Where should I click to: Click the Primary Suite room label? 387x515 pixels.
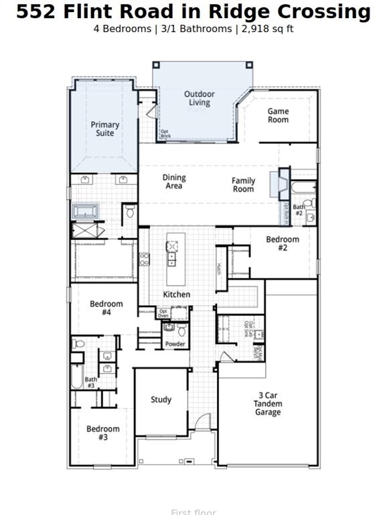point(105,129)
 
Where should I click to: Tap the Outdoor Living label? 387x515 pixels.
point(200,99)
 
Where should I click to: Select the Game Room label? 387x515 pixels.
point(279,115)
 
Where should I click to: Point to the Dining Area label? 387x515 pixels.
point(174,182)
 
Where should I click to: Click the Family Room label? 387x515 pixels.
point(244,184)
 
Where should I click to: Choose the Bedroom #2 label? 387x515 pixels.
point(283,243)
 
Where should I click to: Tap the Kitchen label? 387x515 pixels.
point(177,294)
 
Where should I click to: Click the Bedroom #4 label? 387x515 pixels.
point(106,308)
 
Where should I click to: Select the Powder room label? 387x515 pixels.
point(175,344)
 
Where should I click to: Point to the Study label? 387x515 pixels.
point(161,400)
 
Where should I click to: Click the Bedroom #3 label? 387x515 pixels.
point(103,433)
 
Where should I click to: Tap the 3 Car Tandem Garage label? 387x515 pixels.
point(268,404)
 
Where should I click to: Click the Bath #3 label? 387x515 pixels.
point(91,382)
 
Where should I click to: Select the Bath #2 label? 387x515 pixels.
point(299,210)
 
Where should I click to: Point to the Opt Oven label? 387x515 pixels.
point(163,313)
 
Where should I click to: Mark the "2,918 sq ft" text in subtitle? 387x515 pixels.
point(266,29)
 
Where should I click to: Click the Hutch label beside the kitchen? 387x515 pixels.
point(218,269)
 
